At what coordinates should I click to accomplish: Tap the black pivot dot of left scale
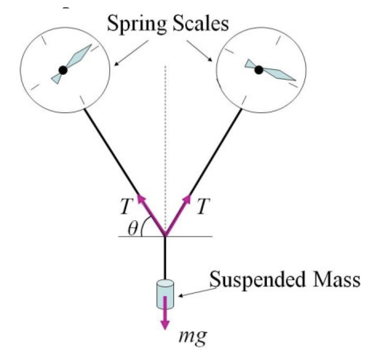click(63, 70)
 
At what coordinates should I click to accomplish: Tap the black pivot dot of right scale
click(259, 69)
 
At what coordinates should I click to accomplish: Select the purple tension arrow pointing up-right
click(178, 215)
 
